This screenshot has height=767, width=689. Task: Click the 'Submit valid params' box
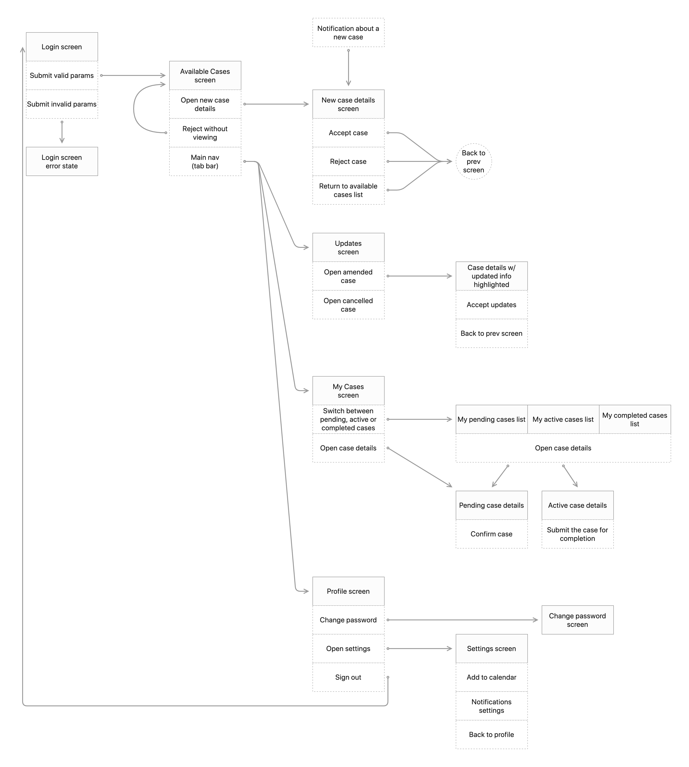(x=62, y=75)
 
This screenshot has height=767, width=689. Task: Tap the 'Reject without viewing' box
(x=205, y=133)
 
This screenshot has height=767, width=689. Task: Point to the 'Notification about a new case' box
(x=348, y=32)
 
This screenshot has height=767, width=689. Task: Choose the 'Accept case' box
(x=348, y=133)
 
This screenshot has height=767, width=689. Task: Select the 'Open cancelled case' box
(x=348, y=305)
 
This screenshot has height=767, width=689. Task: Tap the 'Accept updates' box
(x=491, y=305)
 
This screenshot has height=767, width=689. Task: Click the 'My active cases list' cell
(x=563, y=420)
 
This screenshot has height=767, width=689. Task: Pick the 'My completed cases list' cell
(x=634, y=420)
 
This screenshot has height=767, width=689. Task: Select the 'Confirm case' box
(x=491, y=534)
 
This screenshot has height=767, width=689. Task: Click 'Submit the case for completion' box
(x=577, y=534)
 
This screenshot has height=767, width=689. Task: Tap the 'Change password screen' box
(x=577, y=620)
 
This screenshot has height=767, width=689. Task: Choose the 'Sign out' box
(x=348, y=677)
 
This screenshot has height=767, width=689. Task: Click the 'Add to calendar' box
(x=491, y=677)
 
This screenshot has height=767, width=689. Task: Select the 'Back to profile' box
(x=491, y=735)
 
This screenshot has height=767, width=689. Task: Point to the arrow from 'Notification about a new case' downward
(x=348, y=68)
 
